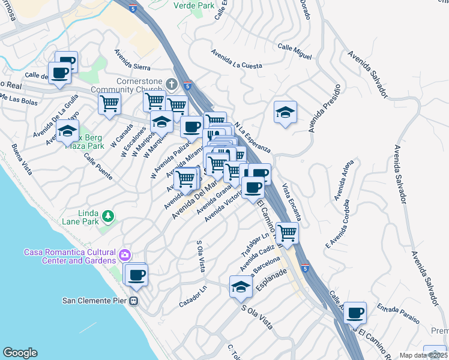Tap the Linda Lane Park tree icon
click(107, 215)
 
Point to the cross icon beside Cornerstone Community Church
click(172, 83)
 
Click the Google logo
click(20, 353)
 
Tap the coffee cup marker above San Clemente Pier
click(137, 275)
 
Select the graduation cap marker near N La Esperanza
click(285, 112)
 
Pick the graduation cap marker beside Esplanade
click(241, 287)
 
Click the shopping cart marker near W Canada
click(109, 104)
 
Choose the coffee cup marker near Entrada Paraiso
click(355, 312)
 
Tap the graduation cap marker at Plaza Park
click(68, 130)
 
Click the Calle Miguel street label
click(295, 51)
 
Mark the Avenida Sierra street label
click(130, 65)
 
